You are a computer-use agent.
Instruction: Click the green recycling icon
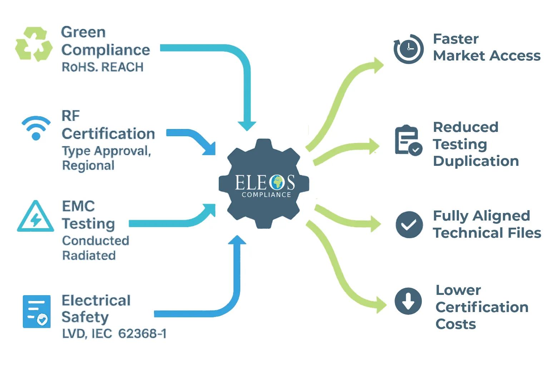(34, 44)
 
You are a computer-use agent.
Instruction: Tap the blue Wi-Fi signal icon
(36, 128)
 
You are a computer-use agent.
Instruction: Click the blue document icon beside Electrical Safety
(36, 311)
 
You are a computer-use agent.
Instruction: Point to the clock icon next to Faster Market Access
(409, 49)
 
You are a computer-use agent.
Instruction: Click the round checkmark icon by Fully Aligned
(409, 224)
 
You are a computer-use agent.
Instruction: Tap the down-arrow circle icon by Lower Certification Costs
(408, 301)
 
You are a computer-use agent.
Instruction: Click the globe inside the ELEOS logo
(277, 182)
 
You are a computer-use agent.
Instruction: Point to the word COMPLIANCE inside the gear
(266, 195)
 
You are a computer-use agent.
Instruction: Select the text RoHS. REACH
(103, 67)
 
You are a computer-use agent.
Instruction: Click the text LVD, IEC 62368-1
(114, 334)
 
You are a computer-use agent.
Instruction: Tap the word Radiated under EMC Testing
(89, 256)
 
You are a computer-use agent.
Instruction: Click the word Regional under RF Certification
(88, 165)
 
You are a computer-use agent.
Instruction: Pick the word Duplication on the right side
(476, 161)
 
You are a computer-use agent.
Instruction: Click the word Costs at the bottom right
(456, 324)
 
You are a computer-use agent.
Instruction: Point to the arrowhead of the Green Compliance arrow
(247, 125)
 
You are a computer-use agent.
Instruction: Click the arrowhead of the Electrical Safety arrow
(237, 240)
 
